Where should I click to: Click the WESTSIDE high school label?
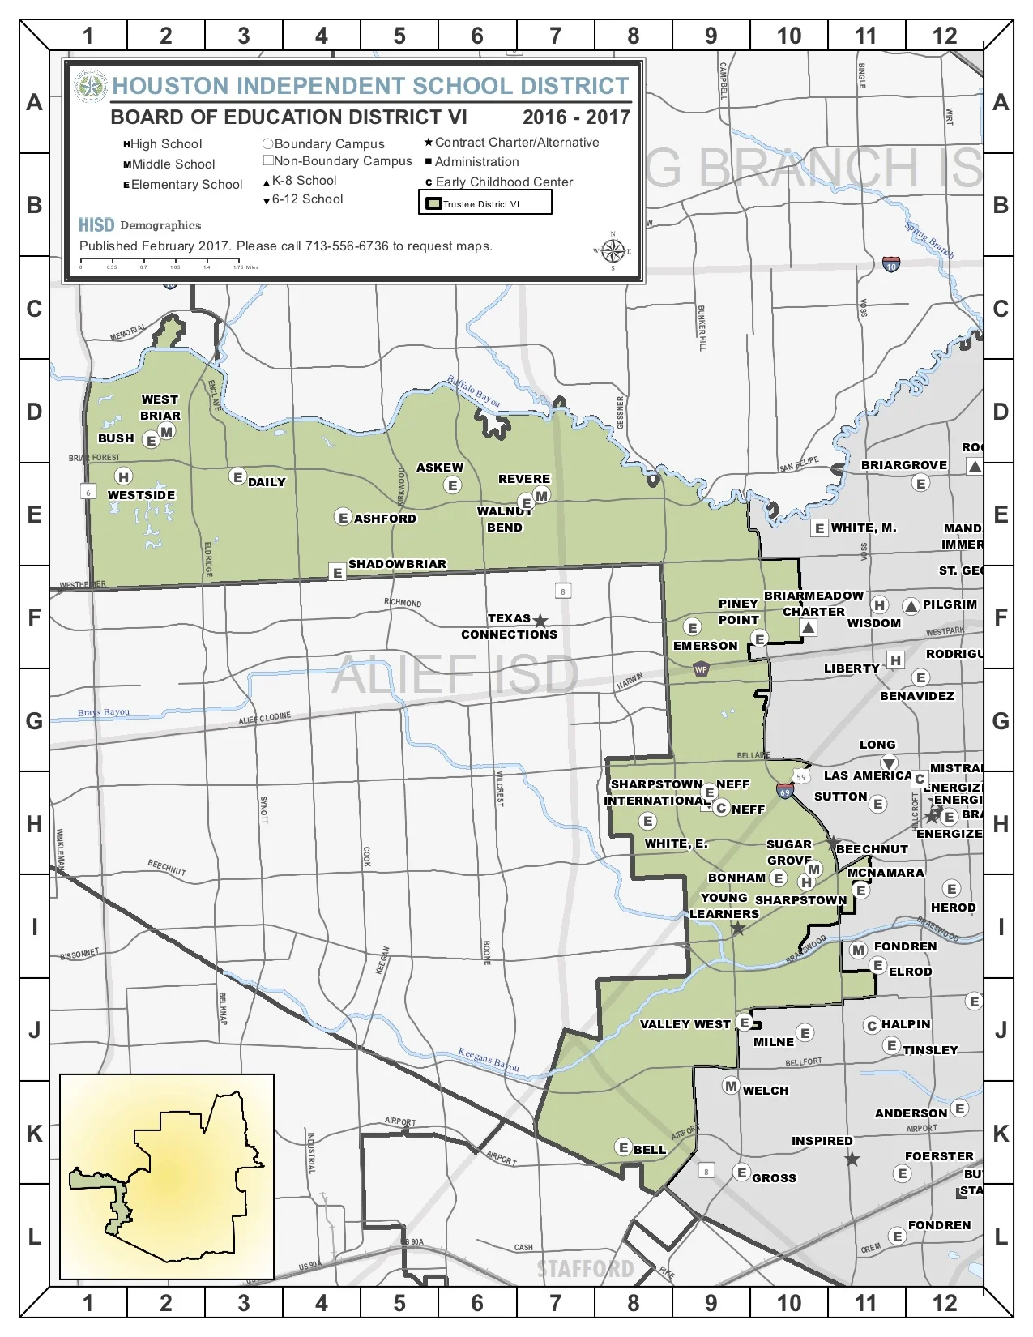coord(141,495)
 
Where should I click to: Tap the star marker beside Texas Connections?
coord(540,622)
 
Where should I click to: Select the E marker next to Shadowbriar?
coord(338,573)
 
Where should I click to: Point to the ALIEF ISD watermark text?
coord(455,674)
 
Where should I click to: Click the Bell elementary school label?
coord(650,1150)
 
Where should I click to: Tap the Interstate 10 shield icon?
coord(890,264)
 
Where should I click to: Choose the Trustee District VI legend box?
coord(484,203)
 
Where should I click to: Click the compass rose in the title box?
coord(613,251)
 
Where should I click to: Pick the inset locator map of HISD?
coord(167,1177)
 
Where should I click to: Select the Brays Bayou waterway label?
coord(104,712)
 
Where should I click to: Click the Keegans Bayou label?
coord(488,1059)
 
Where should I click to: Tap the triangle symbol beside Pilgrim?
coord(911,605)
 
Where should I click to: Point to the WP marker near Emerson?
coord(701,669)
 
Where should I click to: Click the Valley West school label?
coord(685,1024)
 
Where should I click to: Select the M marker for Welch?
coord(731,1086)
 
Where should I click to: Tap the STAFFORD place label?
coord(585,1268)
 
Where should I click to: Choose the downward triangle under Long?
coord(889,762)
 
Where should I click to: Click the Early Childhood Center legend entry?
coord(503,182)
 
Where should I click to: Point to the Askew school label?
coord(440,468)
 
